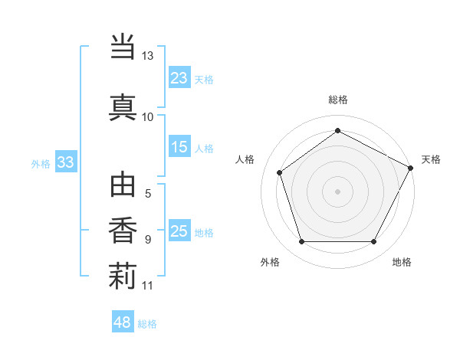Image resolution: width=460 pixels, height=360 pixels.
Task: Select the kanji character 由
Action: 122,187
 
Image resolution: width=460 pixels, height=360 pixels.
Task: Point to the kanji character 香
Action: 122,231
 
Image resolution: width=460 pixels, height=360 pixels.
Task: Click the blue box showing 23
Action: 179,77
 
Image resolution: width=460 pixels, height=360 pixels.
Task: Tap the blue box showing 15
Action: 179,147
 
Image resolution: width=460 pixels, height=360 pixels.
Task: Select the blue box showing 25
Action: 179,231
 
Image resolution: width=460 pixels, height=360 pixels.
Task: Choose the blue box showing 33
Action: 65,162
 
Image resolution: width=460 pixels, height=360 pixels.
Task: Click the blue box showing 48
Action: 123,322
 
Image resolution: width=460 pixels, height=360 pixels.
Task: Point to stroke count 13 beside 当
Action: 147,57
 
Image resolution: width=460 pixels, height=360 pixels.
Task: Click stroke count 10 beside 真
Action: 147,117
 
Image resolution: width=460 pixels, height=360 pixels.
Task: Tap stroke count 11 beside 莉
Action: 147,286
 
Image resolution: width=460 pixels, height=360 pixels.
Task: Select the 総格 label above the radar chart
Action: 338,100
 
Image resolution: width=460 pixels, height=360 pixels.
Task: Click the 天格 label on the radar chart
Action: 431,159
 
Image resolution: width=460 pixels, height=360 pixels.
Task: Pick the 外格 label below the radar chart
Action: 270,262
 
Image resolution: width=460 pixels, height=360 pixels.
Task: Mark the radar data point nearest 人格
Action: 280,172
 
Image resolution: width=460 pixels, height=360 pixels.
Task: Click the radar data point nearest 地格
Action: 374,242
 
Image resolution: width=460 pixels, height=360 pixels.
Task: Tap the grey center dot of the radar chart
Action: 337,191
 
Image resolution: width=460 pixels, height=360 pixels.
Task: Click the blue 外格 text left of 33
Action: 41,163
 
